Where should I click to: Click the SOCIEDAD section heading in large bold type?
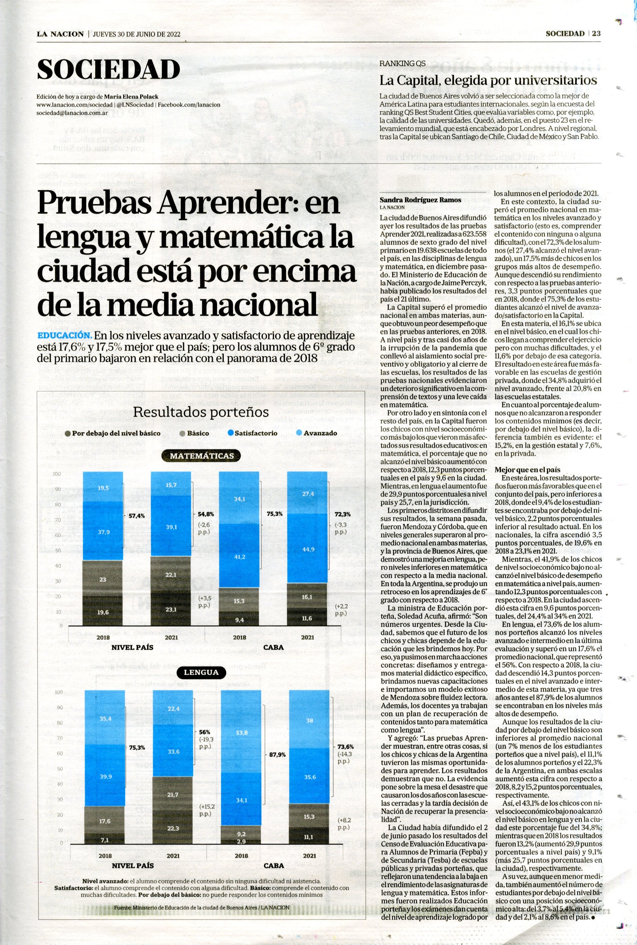pyautogui.click(x=108, y=69)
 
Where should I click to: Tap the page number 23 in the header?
pyautogui.click(x=596, y=34)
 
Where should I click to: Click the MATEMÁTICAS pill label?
pyautogui.click(x=202, y=456)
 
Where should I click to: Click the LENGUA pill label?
pyautogui.click(x=201, y=672)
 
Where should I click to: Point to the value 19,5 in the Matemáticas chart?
pyautogui.click(x=103, y=488)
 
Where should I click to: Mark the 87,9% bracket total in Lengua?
pyautogui.click(x=278, y=755)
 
